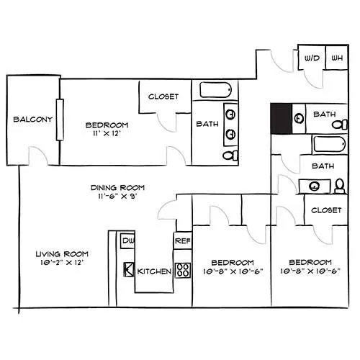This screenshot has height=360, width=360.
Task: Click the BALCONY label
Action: point(33,120)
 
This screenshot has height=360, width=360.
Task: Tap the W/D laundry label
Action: point(312,58)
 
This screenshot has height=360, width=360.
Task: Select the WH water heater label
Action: point(337,58)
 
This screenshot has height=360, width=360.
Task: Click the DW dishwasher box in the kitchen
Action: point(127,240)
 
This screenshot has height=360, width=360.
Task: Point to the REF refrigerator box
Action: point(183,240)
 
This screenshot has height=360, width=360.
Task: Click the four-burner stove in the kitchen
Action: point(183,271)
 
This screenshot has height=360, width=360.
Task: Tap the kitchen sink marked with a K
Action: point(129,269)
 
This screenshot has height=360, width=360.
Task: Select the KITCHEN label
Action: point(154,271)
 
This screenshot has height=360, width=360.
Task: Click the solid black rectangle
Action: point(282,119)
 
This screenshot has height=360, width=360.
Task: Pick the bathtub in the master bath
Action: point(215,90)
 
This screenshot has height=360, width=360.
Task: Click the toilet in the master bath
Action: point(230,156)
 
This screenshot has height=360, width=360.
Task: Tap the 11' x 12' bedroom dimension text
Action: point(107,133)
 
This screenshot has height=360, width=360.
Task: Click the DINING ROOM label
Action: point(117,188)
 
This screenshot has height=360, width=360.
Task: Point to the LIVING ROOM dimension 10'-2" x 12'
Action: point(62,263)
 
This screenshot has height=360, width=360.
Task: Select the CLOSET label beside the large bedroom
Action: point(163,96)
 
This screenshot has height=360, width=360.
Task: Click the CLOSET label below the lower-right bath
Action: point(326,210)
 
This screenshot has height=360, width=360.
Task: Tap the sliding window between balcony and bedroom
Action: point(60,120)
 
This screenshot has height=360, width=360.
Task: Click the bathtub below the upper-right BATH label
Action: point(330,144)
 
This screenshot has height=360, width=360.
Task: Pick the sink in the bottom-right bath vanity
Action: point(314,186)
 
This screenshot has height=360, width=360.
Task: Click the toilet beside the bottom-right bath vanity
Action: point(340,186)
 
